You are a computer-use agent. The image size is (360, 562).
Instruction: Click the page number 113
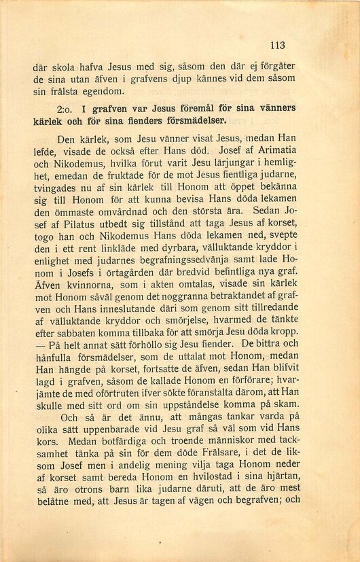pos(276,46)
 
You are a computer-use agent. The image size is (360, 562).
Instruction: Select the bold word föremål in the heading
pos(175,108)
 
